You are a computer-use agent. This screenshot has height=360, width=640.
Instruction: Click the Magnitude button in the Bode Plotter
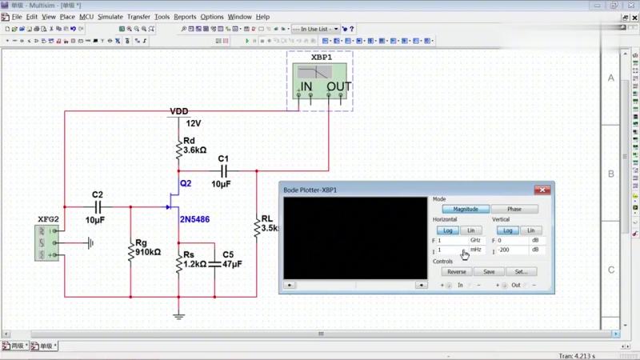pyautogui.click(x=465, y=209)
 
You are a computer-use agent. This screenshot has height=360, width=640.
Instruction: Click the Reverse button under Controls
pyautogui.click(x=456, y=271)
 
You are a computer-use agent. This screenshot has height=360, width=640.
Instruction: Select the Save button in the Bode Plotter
pyautogui.click(x=489, y=271)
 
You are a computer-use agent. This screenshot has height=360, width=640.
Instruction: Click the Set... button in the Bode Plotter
pyautogui.click(x=521, y=271)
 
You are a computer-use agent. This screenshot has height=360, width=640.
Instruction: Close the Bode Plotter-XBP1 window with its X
pyautogui.click(x=542, y=190)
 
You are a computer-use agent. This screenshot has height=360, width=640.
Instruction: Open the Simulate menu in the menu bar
pyautogui.click(x=110, y=17)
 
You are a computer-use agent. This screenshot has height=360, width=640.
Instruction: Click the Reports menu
pyautogui.click(x=185, y=17)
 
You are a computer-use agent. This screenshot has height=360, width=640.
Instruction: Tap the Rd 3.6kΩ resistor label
pyautogui.click(x=195, y=150)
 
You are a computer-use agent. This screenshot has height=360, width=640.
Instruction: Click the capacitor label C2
pyautogui.click(x=98, y=194)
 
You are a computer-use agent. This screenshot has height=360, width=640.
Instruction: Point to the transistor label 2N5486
pyautogui.click(x=194, y=219)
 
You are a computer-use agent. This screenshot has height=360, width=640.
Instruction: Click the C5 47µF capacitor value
pyautogui.click(x=233, y=263)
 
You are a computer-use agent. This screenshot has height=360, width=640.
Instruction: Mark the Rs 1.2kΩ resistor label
pyautogui.click(x=194, y=263)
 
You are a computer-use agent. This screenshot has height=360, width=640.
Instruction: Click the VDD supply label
pyautogui.click(x=179, y=111)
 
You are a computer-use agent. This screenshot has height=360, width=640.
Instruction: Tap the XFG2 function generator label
pyautogui.click(x=49, y=218)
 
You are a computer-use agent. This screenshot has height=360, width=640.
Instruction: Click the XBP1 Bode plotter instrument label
pyautogui.click(x=320, y=58)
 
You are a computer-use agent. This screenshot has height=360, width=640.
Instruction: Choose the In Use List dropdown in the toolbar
pyautogui.click(x=315, y=29)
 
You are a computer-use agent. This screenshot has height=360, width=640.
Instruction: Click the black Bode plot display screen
pyautogui.click(x=355, y=238)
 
